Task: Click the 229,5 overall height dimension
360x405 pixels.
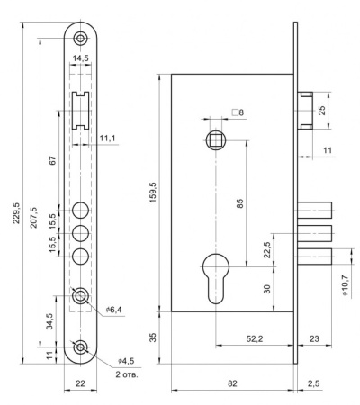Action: click(16, 213)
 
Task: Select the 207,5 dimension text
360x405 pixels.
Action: click(33, 218)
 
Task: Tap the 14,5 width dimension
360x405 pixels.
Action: click(81, 58)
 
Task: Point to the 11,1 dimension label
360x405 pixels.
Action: click(107, 139)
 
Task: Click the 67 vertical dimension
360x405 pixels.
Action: click(53, 160)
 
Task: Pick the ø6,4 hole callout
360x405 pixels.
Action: click(113, 310)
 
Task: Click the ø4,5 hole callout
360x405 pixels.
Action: click(126, 361)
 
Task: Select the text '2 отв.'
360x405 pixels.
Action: click(127, 374)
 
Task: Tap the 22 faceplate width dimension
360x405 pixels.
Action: click(80, 383)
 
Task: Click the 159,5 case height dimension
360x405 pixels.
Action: click(153, 192)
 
